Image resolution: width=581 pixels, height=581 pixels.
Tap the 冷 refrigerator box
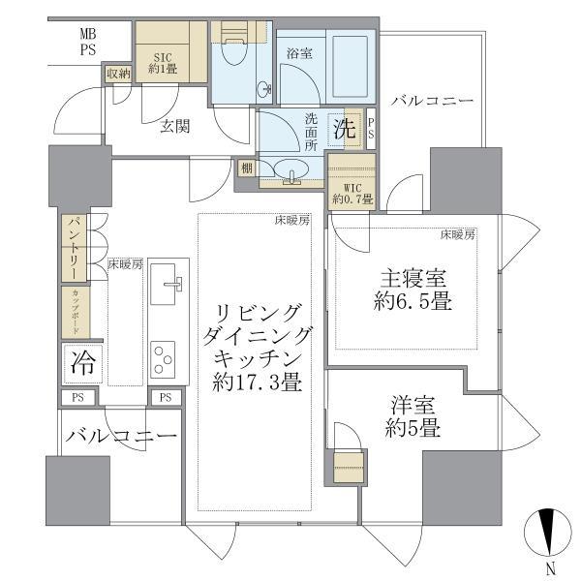click(x=81, y=364)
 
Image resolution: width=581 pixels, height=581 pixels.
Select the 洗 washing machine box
click(x=343, y=127)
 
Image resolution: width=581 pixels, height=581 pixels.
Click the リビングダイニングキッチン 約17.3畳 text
click(x=258, y=346)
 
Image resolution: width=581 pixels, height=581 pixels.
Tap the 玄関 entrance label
click(x=174, y=126)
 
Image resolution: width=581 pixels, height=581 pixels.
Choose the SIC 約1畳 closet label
click(x=159, y=62)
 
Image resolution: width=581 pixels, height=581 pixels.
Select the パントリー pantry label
click(x=73, y=247)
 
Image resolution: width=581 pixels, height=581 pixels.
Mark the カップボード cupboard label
click(x=73, y=311)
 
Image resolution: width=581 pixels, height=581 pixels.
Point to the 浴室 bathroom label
click(x=296, y=55)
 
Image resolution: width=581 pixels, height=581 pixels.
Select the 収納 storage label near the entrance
click(x=117, y=74)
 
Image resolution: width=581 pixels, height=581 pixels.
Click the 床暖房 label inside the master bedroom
click(x=457, y=234)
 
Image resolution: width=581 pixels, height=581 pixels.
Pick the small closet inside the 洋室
click(x=347, y=466)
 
